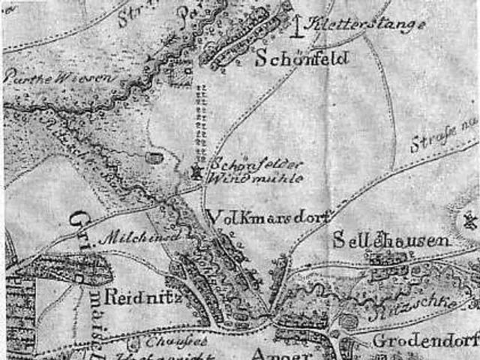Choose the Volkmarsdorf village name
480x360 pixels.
(x=267, y=217)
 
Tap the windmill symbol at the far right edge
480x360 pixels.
(x=471, y=221)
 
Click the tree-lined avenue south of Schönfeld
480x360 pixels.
(x=199, y=116)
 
